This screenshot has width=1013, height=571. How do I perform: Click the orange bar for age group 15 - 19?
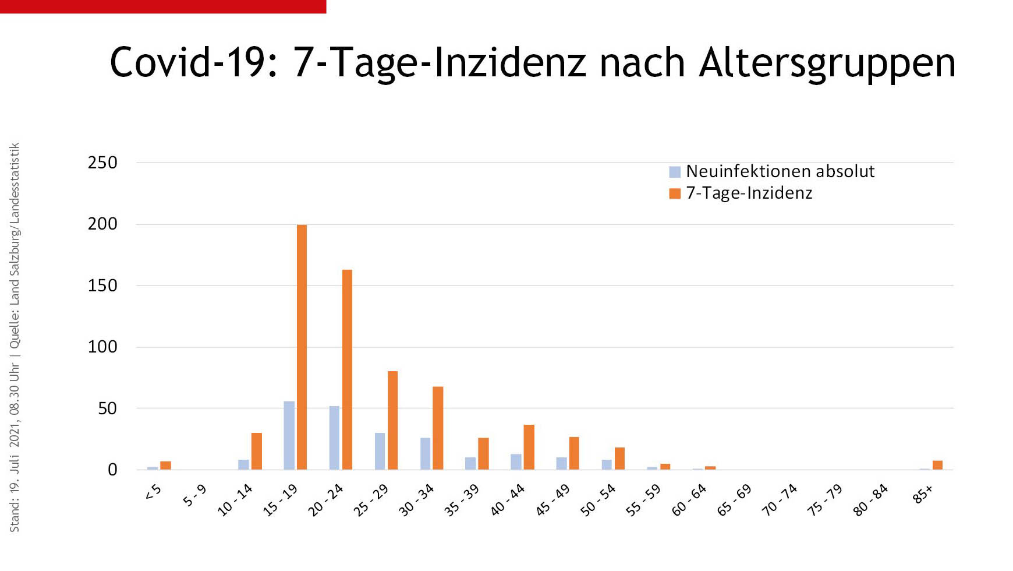[x=302, y=347]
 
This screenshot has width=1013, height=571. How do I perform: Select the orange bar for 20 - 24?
[x=347, y=369]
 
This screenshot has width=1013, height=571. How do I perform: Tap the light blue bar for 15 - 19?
[x=289, y=435]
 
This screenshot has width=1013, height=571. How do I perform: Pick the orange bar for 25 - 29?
[x=392, y=420]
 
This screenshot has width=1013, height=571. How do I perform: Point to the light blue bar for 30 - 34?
[x=426, y=453]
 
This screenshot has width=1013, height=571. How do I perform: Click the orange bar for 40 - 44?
[x=529, y=447]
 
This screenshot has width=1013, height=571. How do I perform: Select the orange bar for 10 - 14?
[x=256, y=451]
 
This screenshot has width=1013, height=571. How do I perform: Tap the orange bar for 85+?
[x=937, y=465]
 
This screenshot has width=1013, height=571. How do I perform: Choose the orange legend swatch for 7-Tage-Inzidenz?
[x=675, y=193]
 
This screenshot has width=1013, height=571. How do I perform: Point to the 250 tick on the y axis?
[x=102, y=163]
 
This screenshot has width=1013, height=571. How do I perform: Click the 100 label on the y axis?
[x=102, y=347]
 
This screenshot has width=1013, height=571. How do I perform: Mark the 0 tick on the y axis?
[x=112, y=470]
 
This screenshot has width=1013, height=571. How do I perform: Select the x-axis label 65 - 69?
[x=734, y=500]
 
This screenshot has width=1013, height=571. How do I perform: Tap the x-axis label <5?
[x=153, y=493]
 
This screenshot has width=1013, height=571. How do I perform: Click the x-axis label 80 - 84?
[x=870, y=500]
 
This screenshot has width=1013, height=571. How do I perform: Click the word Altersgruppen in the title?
[x=827, y=63]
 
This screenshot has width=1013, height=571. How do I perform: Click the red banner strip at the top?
[x=163, y=6]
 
